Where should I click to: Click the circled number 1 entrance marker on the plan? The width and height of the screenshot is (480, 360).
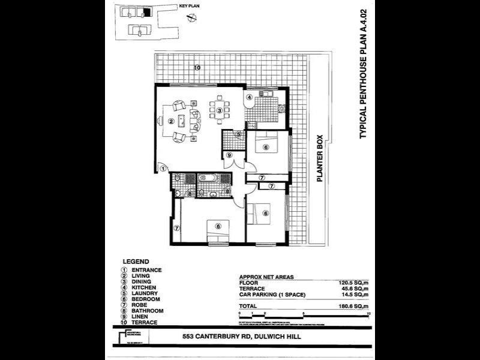163,169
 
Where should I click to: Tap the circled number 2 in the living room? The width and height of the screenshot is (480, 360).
171,121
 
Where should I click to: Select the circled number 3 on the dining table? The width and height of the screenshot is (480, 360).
220,110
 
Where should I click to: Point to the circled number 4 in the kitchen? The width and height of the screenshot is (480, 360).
248,98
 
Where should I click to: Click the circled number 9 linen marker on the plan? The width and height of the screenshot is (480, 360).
229,155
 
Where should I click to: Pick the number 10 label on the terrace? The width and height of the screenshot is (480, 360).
197,67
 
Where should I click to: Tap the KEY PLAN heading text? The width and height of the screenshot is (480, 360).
188,6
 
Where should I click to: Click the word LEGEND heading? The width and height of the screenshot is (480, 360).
136,262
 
